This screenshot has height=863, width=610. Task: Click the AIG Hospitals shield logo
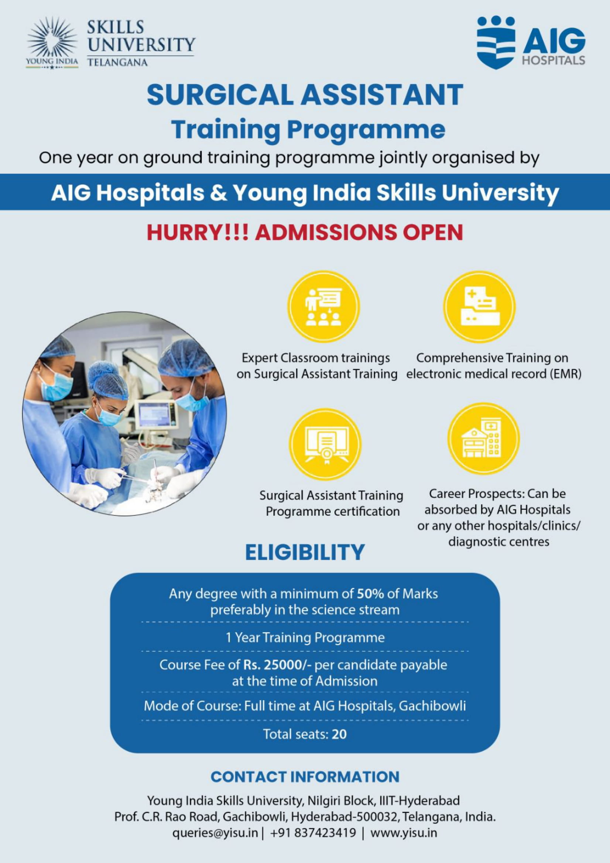coord(496,42)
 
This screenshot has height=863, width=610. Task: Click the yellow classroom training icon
coord(324,307)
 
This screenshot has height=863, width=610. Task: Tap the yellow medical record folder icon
coord(479,306)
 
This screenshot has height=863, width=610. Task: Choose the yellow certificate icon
coord(325,444)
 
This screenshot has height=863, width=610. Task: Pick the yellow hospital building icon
coord(483,439)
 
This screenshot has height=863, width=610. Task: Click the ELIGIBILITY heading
coord(305,552)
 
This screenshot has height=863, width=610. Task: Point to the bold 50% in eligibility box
coord(370,594)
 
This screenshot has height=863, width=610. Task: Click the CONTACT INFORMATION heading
coord(305,777)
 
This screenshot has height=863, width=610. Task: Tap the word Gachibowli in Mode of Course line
coord(432,706)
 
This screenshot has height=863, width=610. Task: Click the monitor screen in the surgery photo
coord(155,414)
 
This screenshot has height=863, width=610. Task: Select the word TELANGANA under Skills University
coord(117,62)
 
